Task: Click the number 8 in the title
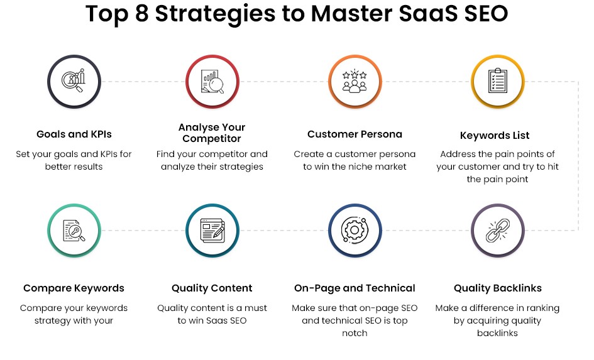pos(141,13)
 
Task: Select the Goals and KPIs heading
pos(74,134)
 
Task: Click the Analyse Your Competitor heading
pos(212,133)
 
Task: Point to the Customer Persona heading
pos(355,134)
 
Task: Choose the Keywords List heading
pos(495,135)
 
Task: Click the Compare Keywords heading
pos(74,288)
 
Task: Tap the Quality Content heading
pos(212,288)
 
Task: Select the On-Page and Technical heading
pos(355,288)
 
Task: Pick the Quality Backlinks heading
pos(497,288)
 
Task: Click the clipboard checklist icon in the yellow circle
pos(497,80)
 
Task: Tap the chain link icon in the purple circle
pos(497,230)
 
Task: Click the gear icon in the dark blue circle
pos(355,230)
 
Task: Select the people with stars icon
pos(355,80)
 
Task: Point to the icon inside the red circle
pos(212,82)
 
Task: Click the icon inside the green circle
pos(74,231)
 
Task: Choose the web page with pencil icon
pos(212,231)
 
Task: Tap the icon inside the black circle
pos(74,80)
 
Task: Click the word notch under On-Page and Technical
pos(355,333)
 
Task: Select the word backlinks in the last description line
pos(497,333)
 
